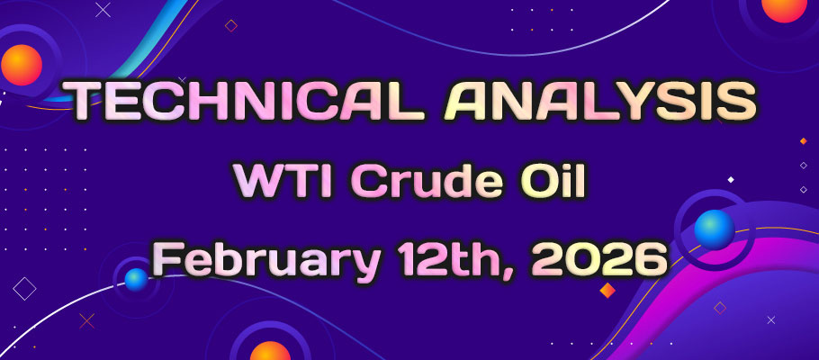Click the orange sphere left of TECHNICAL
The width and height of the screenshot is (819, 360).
pyautogui.click(x=22, y=65)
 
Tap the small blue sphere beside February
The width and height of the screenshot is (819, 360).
pyautogui.click(x=136, y=279)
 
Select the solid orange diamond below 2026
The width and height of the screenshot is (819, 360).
pyautogui.click(x=607, y=290)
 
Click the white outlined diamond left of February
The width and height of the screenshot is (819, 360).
pyautogui.click(x=24, y=288)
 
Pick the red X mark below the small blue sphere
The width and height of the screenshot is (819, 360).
pyautogui.click(x=87, y=319)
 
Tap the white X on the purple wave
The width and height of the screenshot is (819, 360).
pyautogui.click(x=770, y=319)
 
